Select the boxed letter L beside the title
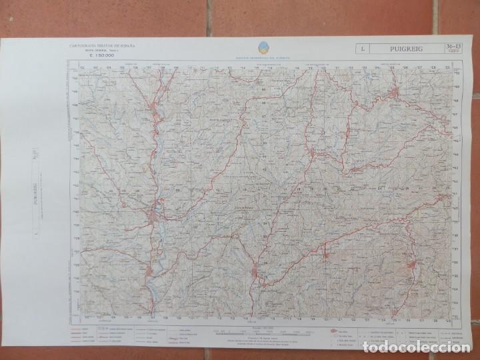[x=361, y=48]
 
